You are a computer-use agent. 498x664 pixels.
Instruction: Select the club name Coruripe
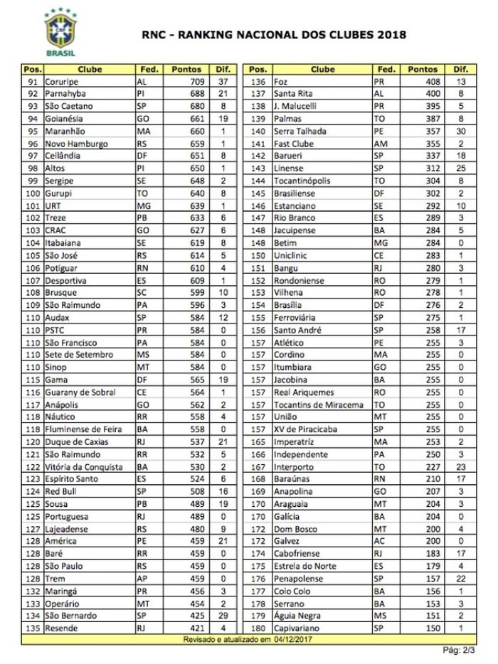[62, 81]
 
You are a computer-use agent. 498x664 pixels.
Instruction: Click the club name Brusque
[60, 293]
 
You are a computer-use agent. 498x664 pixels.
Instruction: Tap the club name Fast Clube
[293, 144]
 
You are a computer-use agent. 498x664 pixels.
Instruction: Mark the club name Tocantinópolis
[302, 181]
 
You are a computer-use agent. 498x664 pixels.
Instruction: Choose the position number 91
[32, 81]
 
